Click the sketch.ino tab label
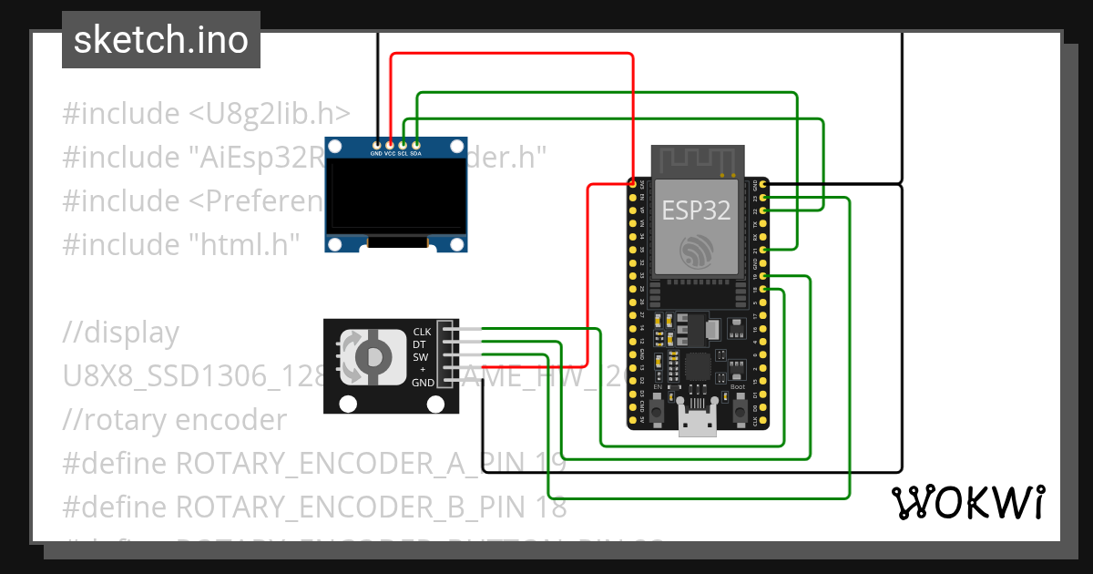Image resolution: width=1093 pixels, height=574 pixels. pos(160,40)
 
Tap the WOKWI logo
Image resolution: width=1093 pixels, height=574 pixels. pos(967,502)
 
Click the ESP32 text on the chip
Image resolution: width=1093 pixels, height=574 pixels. pos(696,210)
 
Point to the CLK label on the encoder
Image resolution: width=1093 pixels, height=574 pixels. pos(423,332)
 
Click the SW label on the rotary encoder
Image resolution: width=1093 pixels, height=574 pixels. pos(421,357)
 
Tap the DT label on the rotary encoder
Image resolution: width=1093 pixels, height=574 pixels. pos(421,344)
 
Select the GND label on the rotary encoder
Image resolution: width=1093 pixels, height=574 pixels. pos(423,383)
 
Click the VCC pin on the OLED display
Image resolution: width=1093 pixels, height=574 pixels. pos(390,144)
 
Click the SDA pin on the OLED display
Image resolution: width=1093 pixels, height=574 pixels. pos(416,144)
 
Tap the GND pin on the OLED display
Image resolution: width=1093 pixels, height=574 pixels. pos(376,144)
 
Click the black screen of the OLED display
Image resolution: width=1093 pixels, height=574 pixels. pos(396,196)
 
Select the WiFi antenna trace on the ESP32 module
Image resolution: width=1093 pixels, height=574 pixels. pos(697,160)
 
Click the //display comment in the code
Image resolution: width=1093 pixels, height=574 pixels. pos(120,333)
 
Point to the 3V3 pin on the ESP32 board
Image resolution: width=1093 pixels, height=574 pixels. pos(632,185)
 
